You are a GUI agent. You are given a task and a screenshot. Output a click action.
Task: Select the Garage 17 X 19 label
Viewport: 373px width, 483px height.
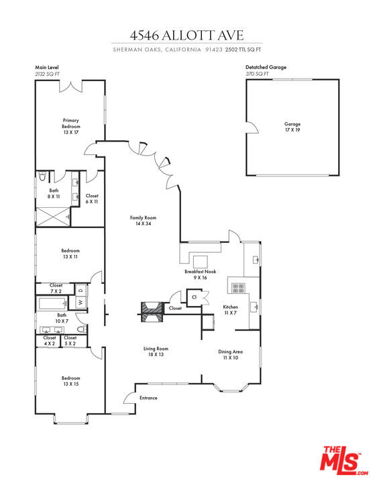pyautogui.click(x=292, y=127)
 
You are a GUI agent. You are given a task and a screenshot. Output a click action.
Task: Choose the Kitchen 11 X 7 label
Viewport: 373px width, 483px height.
pyautogui.click(x=230, y=311)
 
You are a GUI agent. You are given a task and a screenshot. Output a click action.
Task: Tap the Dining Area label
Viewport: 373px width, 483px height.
pyautogui.click(x=230, y=355)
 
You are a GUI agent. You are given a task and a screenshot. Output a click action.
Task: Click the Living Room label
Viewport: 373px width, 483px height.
pyautogui.click(x=155, y=352)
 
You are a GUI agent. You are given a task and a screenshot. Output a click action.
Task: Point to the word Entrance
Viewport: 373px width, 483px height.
pyautogui.click(x=148, y=398)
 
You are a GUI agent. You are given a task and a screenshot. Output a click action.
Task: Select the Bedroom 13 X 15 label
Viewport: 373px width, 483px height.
pyautogui.click(x=70, y=380)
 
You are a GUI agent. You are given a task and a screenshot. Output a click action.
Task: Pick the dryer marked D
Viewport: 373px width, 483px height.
pyautogui.click(x=81, y=291)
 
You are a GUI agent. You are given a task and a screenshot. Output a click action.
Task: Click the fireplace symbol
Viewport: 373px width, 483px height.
pyautogui.click(x=151, y=309)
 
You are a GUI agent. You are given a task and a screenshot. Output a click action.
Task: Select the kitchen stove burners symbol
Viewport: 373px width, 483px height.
pyautogui.click(x=238, y=288)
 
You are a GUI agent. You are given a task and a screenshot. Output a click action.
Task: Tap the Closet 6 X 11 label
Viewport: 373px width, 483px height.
pyautogui.click(x=91, y=199)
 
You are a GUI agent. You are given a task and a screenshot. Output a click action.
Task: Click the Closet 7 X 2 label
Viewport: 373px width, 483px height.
pyautogui.click(x=56, y=288)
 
